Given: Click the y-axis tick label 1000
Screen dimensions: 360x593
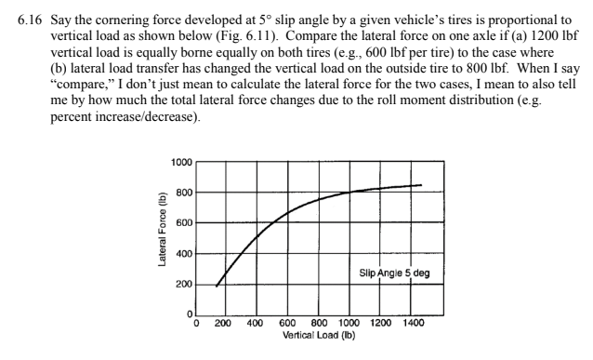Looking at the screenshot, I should (181, 162).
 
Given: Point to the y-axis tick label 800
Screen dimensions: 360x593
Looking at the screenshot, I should (184, 193).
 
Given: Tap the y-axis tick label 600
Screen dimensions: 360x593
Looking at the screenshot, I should (184, 223).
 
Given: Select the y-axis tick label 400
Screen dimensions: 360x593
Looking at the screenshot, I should (184, 254).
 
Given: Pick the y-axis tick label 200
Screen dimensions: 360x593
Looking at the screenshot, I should (184, 285).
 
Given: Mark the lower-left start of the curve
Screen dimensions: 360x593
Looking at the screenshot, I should (216, 286).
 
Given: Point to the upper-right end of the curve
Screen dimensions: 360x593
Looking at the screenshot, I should (422, 185).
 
